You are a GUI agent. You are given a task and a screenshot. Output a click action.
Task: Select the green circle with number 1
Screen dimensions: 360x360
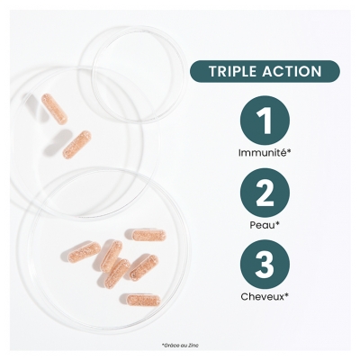coord(265,120)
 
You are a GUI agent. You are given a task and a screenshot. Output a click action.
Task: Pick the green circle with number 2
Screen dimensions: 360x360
coord(265,193)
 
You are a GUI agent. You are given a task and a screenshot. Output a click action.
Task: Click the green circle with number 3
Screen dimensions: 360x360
coord(265,264)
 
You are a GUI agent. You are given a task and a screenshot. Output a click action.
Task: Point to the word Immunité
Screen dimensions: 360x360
coord(262,153)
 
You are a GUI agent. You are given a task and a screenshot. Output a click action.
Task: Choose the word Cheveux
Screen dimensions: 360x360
coord(262,297)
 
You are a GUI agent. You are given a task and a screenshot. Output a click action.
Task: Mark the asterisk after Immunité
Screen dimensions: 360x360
coord(289,151)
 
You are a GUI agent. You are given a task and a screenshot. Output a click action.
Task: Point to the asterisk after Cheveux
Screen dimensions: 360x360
coord(287,295)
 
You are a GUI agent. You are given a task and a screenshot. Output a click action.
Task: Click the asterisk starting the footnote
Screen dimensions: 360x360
coord(162,345)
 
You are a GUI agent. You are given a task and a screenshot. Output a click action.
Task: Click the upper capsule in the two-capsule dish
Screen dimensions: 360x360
coord(54,108)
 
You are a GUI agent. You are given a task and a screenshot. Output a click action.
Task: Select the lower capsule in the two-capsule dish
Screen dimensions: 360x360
coord(77,145)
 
